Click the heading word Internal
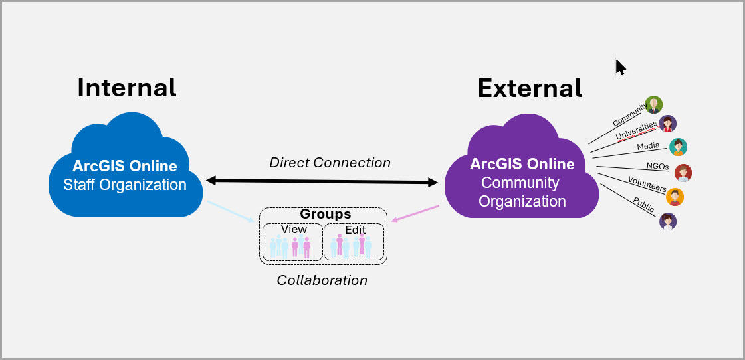pyautogui.click(x=127, y=87)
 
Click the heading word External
pyautogui.click(x=530, y=88)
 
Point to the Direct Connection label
pyautogui.click(x=330, y=163)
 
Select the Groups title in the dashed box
pyautogui.click(x=325, y=215)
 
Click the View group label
pyautogui.click(x=294, y=229)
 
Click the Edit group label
pyautogui.click(x=355, y=230)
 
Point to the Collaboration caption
pyautogui.click(x=322, y=280)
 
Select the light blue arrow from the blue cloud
pyautogui.click(x=230, y=211)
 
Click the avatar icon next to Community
pyautogui.click(x=654, y=104)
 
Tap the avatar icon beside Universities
pyautogui.click(x=667, y=124)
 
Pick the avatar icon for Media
pyautogui.click(x=678, y=147)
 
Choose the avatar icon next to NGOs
pyautogui.click(x=683, y=173)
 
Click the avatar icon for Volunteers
pyautogui.click(x=675, y=197)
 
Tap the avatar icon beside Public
pyautogui.click(x=668, y=221)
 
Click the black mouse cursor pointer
pyautogui.click(x=620, y=67)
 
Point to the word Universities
pyautogui.click(x=636, y=130)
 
